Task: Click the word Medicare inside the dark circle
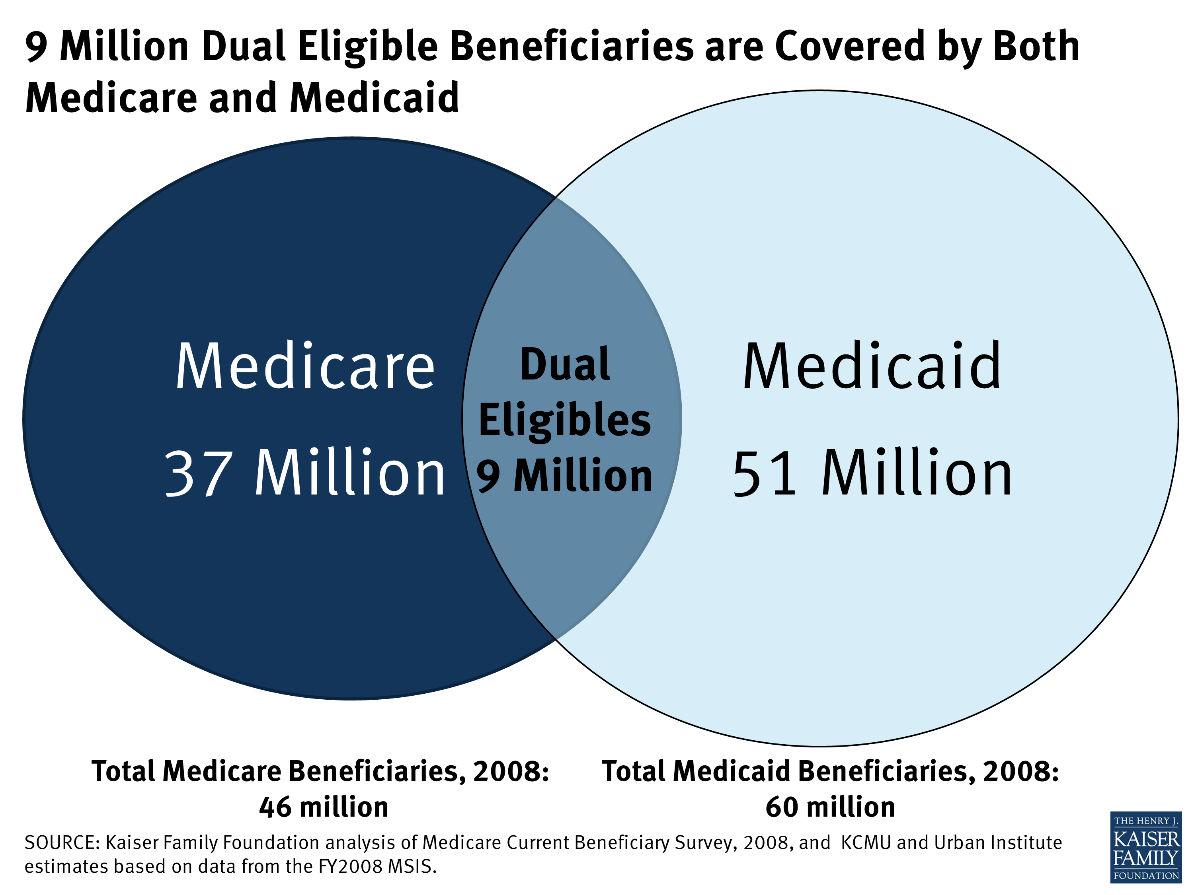click(x=305, y=367)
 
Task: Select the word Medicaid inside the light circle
click(x=872, y=367)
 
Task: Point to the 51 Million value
click(x=872, y=474)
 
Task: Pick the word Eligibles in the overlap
click(x=565, y=421)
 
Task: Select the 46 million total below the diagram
click(x=324, y=807)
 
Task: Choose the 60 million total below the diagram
click(x=830, y=807)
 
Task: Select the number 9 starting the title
click(x=36, y=47)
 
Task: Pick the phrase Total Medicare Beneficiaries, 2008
click(x=320, y=771)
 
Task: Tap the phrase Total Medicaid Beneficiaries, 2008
click(x=830, y=771)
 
